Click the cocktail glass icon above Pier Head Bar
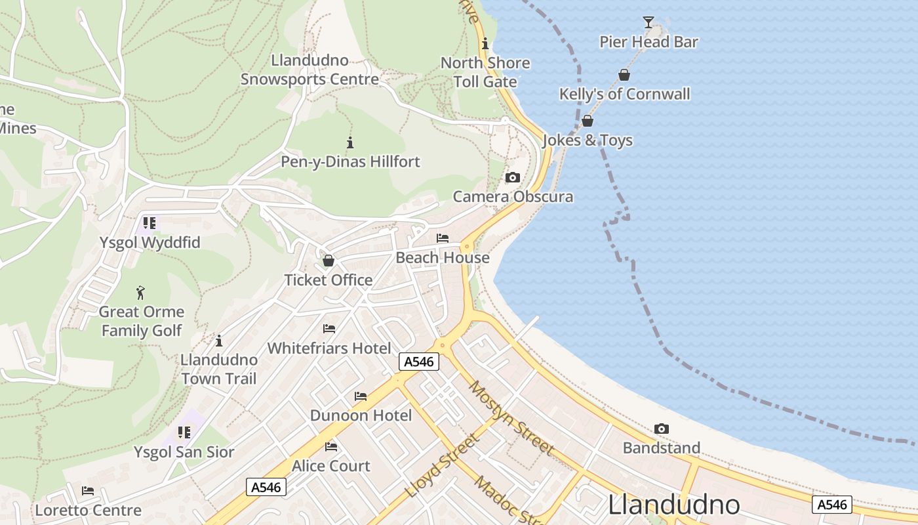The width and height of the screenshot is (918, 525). click(x=648, y=22)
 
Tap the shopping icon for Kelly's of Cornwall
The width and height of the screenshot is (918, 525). click(x=624, y=75)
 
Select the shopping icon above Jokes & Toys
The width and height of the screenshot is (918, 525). click(x=588, y=121)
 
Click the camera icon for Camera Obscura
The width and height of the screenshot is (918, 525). click(x=513, y=177)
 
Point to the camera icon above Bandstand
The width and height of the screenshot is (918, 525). click(x=662, y=429)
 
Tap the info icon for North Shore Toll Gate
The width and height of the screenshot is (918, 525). click(x=485, y=44)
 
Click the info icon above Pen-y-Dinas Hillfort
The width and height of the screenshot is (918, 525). click(x=350, y=142)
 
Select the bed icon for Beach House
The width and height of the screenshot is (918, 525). click(x=443, y=238)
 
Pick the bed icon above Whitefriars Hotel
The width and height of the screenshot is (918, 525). click(x=329, y=329)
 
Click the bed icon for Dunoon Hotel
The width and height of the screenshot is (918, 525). click(x=361, y=396)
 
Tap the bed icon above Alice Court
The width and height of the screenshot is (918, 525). click(x=331, y=447)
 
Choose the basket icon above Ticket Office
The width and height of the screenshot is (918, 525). click(x=329, y=261)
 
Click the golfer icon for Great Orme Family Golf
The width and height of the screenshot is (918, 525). click(x=141, y=293)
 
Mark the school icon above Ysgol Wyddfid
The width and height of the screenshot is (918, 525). click(x=150, y=223)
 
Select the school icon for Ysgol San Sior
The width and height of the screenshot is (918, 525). click(x=184, y=432)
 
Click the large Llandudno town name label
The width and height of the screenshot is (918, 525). click(x=674, y=505)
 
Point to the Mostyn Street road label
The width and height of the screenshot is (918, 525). click(x=512, y=417)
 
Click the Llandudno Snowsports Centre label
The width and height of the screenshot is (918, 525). click(x=309, y=70)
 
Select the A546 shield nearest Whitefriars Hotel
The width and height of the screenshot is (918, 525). click(x=419, y=362)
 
